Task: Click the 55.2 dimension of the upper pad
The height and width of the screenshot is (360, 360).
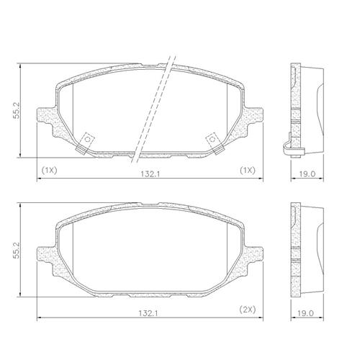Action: (17, 111)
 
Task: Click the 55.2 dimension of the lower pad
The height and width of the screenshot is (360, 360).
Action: (17, 250)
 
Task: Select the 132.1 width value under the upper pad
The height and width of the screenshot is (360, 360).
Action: (150, 174)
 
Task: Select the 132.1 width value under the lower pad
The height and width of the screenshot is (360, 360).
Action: (149, 313)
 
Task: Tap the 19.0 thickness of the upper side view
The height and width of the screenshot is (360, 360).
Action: (307, 174)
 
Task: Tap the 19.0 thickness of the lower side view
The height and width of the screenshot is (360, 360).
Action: (305, 313)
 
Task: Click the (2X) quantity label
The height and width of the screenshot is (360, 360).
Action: (248, 310)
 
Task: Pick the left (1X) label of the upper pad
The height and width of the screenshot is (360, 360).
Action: (49, 171)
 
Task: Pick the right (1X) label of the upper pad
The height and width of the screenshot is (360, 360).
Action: (248, 171)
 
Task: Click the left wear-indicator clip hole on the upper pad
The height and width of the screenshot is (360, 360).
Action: (88, 139)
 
